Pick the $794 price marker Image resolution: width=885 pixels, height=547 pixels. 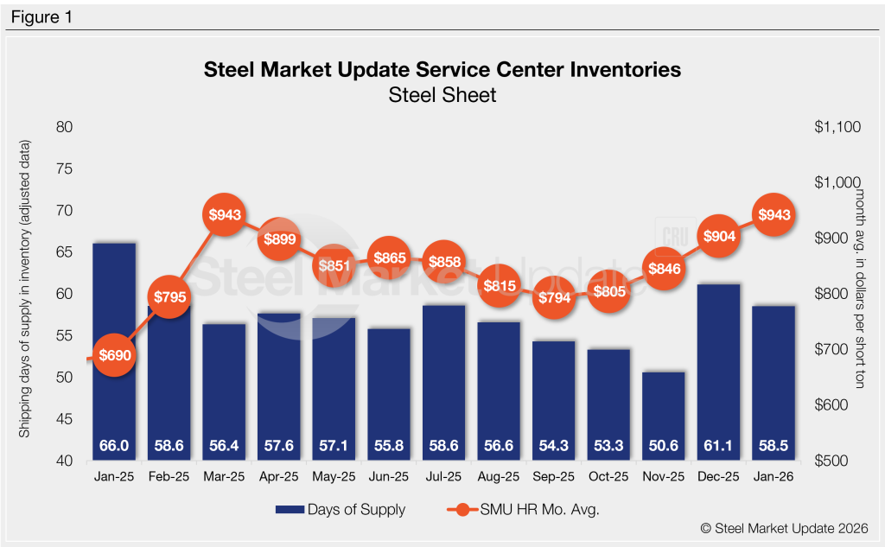tap(554, 298)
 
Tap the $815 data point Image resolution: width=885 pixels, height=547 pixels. tap(500, 286)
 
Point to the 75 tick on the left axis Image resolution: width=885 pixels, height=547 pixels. tap(64, 169)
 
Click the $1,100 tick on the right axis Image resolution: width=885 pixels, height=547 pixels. tap(837, 127)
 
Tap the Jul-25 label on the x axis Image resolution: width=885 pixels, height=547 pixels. tap(444, 477)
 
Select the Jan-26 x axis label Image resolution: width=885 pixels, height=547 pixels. tap(774, 477)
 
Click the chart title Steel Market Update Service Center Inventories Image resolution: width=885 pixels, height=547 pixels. tap(442, 69)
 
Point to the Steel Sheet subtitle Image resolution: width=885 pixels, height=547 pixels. tap(442, 95)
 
